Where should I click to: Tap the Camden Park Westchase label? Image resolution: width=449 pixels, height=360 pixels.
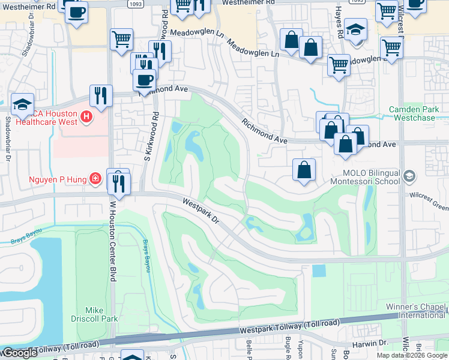pyautogui.click(x=414, y=113)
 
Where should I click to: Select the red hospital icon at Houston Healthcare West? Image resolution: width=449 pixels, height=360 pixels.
pyautogui.click(x=86, y=116)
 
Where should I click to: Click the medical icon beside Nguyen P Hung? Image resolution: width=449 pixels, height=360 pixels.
pyautogui.click(x=95, y=178)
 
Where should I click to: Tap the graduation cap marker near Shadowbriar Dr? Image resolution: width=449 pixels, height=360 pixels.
pyautogui.click(x=22, y=104)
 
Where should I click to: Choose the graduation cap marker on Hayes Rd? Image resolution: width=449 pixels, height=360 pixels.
pyautogui.click(x=356, y=29)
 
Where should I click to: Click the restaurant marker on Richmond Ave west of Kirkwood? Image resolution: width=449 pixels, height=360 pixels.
pyautogui.click(x=101, y=95)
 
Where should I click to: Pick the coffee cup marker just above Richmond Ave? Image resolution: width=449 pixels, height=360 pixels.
pyautogui.click(x=144, y=79)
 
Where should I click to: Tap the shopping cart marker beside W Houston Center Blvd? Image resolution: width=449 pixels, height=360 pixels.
pyautogui.click(x=121, y=40)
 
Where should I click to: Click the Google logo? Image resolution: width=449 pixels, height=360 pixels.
pyautogui.click(x=19, y=353)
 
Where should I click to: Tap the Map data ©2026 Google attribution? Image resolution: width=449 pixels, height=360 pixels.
pyautogui.click(x=411, y=355)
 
